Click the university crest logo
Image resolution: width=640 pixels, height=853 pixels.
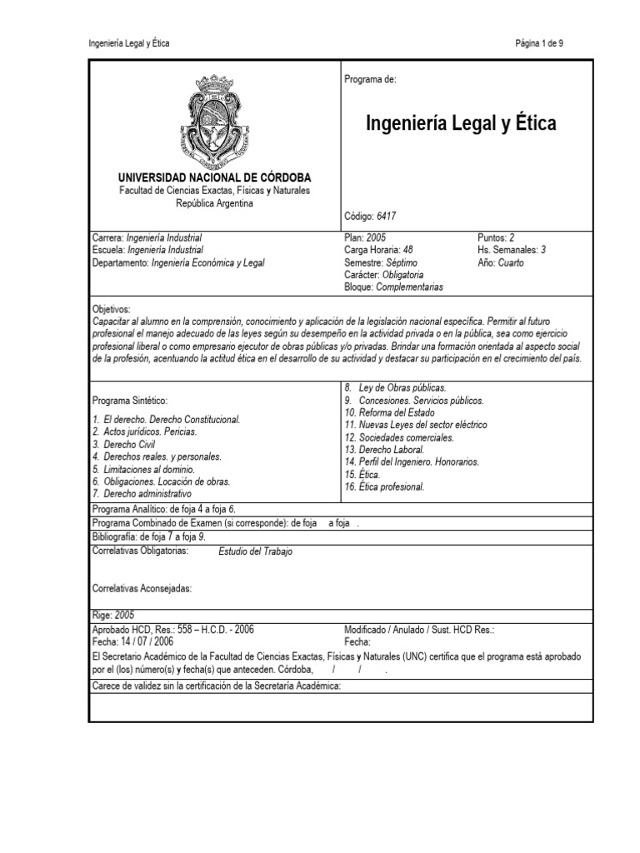point(214,119)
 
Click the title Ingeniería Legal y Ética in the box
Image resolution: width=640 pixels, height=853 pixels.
point(461,125)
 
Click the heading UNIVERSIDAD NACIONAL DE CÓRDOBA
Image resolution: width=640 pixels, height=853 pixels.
point(214,178)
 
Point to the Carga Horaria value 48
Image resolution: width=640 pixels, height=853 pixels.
point(407,249)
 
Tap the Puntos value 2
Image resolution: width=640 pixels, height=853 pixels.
point(512,237)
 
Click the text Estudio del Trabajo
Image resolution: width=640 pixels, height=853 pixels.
point(255,551)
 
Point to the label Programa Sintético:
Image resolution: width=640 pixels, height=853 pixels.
point(132,401)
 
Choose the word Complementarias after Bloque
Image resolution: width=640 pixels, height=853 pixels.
point(410,287)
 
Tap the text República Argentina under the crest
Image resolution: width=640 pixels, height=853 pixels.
point(214,202)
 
